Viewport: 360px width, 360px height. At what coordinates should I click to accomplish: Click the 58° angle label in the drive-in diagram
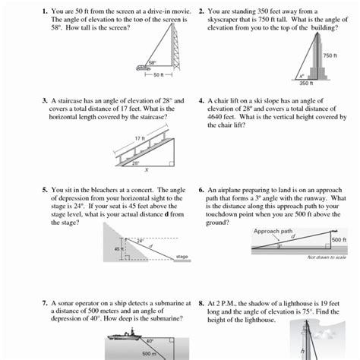pyautogui.click(x=152, y=63)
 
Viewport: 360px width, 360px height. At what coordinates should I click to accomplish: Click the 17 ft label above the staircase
pyautogui.click(x=140, y=137)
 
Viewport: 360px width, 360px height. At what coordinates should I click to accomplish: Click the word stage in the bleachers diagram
pyautogui.click(x=182, y=257)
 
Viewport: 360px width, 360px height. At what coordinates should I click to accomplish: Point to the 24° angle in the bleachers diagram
pyautogui.click(x=140, y=241)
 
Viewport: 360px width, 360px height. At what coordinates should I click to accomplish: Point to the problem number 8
pyautogui.click(x=201, y=302)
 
